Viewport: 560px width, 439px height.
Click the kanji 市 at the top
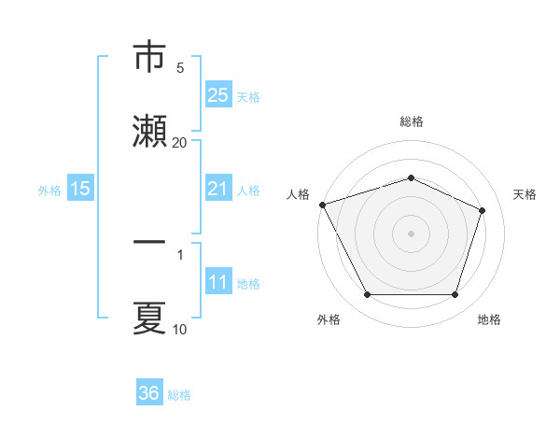tap(150, 57)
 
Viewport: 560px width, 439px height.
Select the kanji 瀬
tap(150, 131)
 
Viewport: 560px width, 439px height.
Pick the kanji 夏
tap(150, 318)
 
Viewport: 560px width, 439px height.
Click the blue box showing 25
tap(217, 95)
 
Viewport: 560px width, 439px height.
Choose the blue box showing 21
tap(217, 189)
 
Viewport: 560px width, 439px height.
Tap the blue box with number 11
tap(217, 282)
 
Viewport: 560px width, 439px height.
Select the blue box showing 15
tap(80, 189)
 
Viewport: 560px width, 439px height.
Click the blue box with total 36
tap(149, 393)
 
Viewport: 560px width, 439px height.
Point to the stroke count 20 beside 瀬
tap(180, 142)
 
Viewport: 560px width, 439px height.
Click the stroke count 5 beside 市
tap(180, 67)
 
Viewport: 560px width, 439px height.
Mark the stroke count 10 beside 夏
tap(180, 329)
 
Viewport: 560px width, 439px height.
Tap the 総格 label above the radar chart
tap(412, 121)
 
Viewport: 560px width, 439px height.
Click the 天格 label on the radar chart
tap(525, 194)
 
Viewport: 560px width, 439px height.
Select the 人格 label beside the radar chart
tap(298, 194)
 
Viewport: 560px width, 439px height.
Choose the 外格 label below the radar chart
tap(329, 320)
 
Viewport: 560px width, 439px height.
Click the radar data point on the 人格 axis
tap(322, 205)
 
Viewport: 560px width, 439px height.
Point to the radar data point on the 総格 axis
tap(411, 177)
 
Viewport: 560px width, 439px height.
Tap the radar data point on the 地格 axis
tap(455, 294)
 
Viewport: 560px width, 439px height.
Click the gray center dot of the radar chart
tap(411, 233)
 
